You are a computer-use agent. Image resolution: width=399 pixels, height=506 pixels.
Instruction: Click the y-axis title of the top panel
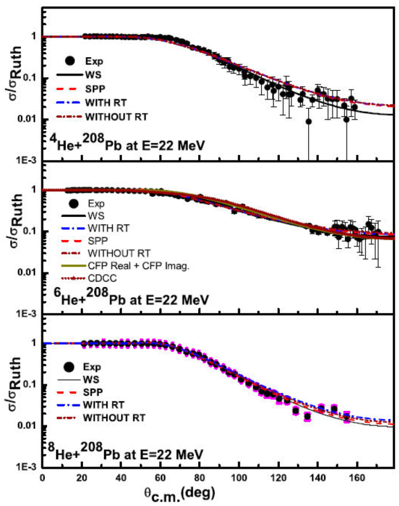tap(12, 81)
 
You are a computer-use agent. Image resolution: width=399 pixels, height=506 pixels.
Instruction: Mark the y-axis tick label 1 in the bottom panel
tap(34, 343)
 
